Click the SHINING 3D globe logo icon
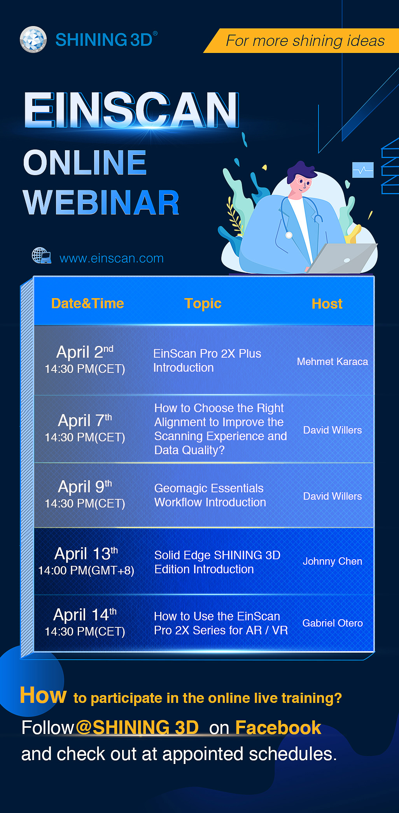pyautogui.click(x=33, y=39)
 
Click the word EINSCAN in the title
pyautogui.click(x=131, y=110)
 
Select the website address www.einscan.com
pyautogui.click(x=112, y=258)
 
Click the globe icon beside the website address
pyautogui.click(x=42, y=256)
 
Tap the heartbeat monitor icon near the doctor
pyautogui.click(x=363, y=170)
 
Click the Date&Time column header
pyautogui.click(x=87, y=304)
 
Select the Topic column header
pyautogui.click(x=203, y=304)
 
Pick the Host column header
pyautogui.click(x=327, y=304)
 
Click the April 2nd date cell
pyautogui.click(x=85, y=359)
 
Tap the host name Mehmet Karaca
pyautogui.click(x=332, y=362)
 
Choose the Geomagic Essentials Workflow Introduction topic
pyautogui.click(x=210, y=495)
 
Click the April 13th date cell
pyautogui.click(x=86, y=561)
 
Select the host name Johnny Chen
pyautogui.click(x=332, y=561)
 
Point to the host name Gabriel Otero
pyautogui.click(x=332, y=623)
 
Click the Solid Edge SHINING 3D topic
pyautogui.click(x=217, y=562)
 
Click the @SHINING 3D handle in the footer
pyautogui.click(x=137, y=727)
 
